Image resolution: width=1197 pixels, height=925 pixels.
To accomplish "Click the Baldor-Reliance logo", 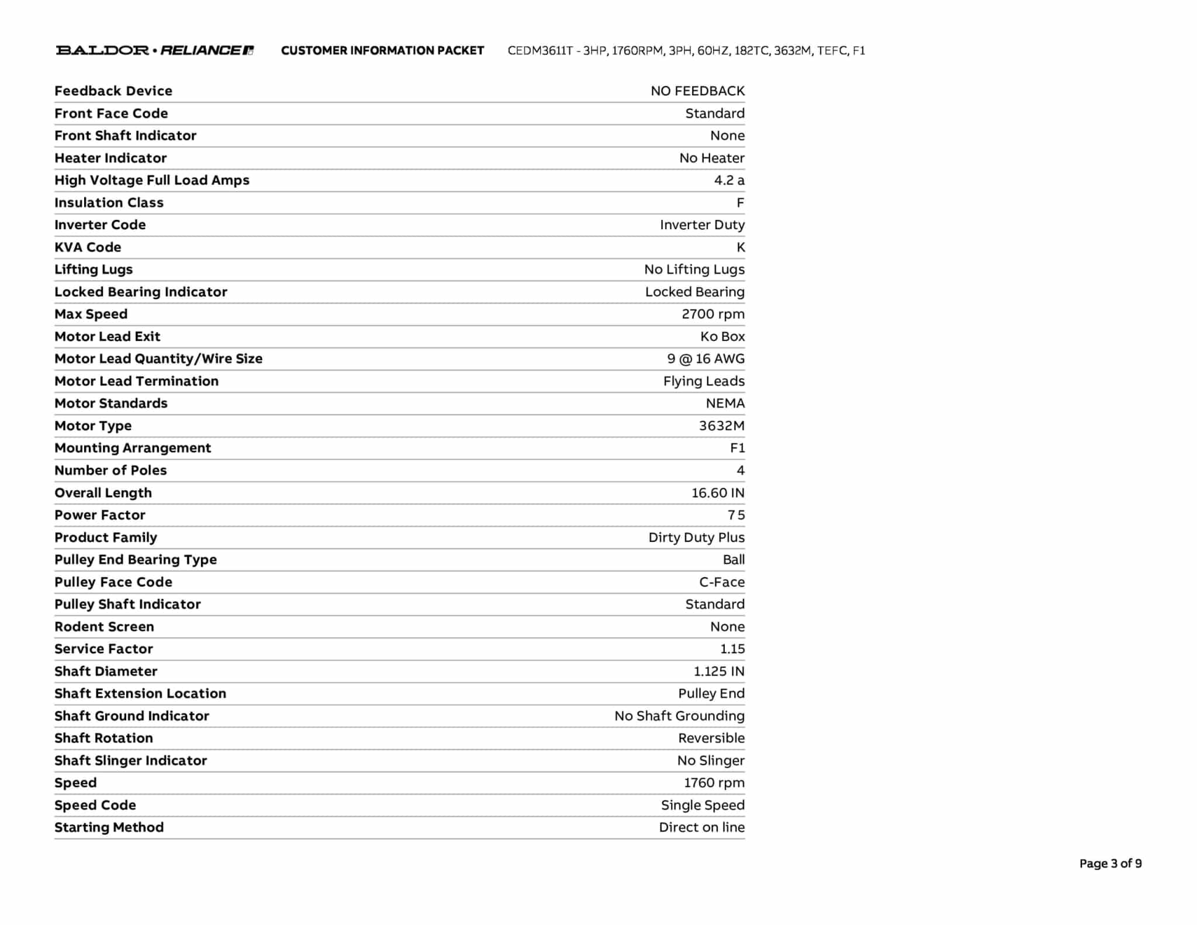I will [155, 50].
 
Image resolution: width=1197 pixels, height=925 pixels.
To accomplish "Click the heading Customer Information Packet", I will [382, 51].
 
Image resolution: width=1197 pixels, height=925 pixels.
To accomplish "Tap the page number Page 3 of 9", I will [1110, 864].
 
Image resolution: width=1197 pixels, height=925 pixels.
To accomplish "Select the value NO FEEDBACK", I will [697, 91].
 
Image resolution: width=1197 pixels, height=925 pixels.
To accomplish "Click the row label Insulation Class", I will [109, 203].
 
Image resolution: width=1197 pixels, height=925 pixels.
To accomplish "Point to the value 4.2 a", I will [729, 180].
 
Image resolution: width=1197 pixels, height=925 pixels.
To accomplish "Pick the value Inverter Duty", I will [702, 225].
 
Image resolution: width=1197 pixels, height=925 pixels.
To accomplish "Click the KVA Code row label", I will [88, 247].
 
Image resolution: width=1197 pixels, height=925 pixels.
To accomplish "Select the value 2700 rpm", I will [712, 314].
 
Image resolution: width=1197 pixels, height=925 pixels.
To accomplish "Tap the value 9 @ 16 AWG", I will [705, 359].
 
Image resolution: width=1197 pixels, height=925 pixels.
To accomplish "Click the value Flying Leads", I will [704, 381].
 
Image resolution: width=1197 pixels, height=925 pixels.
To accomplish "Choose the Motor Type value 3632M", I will [721, 426].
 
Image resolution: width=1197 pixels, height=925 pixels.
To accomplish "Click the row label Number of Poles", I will [110, 471].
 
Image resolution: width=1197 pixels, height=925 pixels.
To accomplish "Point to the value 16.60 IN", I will [718, 493].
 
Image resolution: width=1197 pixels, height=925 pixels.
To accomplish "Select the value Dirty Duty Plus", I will [696, 537].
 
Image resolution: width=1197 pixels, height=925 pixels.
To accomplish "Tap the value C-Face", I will [722, 582].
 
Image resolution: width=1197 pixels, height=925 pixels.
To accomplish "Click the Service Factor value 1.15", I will [732, 649].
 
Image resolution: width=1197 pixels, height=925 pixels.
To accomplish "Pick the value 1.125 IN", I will [719, 671].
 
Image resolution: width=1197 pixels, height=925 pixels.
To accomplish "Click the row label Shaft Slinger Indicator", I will [130, 761].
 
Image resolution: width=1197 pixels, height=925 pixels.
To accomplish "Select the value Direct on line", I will [701, 827].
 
